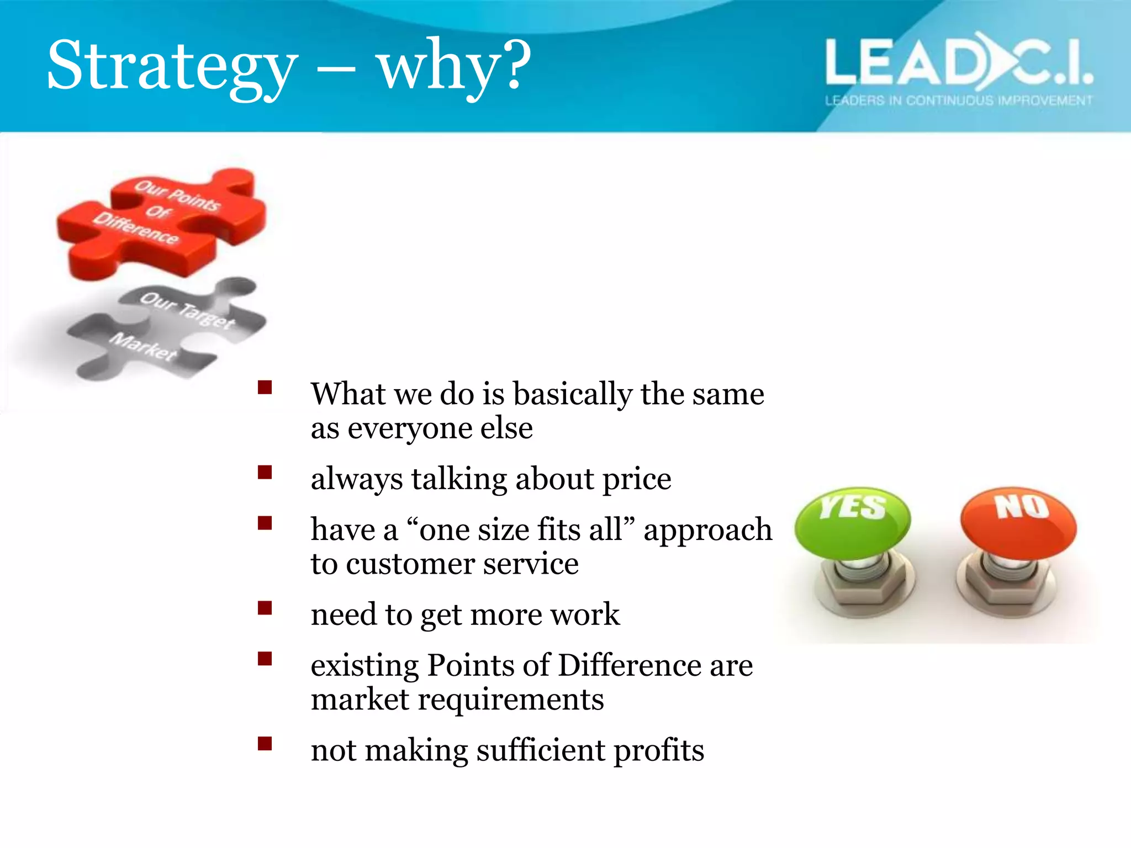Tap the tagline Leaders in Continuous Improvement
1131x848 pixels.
click(x=958, y=100)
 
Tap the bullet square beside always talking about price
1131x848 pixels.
click(x=265, y=473)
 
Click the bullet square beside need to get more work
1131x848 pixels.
click(x=265, y=608)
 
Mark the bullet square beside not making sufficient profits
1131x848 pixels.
click(x=265, y=744)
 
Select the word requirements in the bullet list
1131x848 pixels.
click(x=511, y=700)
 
